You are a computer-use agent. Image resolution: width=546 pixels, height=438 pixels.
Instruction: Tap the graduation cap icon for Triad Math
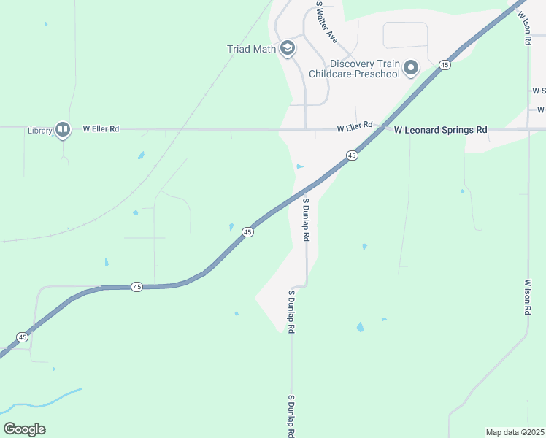point(288,48)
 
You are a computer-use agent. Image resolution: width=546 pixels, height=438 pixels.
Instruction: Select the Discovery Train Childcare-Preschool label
point(355,69)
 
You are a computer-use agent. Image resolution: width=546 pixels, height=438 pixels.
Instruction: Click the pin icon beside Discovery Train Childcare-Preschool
point(411,69)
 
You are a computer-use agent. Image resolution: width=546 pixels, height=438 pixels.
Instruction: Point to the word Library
point(40,131)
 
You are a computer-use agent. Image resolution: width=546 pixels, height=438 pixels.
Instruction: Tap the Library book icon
point(63,130)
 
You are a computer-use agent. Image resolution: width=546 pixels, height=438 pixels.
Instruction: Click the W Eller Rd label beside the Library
point(101,128)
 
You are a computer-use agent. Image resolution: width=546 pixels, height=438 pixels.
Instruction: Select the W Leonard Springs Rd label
point(440,130)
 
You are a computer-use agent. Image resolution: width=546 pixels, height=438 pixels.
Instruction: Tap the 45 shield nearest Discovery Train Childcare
point(445,65)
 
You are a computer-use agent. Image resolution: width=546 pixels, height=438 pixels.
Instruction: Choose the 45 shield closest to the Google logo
point(23,337)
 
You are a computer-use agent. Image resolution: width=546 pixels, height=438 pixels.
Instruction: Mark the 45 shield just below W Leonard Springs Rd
point(352,155)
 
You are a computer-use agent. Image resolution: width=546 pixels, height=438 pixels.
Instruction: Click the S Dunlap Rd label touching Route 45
point(306,220)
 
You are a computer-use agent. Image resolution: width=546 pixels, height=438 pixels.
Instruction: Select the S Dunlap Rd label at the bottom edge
point(291,417)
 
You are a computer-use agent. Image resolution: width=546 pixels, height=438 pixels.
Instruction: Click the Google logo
point(24,429)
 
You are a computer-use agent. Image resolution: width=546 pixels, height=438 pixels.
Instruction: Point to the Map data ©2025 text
point(515,431)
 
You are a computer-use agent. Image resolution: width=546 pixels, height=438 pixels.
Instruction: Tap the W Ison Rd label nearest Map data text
point(527,296)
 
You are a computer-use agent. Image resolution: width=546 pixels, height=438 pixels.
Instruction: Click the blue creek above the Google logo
point(44,401)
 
